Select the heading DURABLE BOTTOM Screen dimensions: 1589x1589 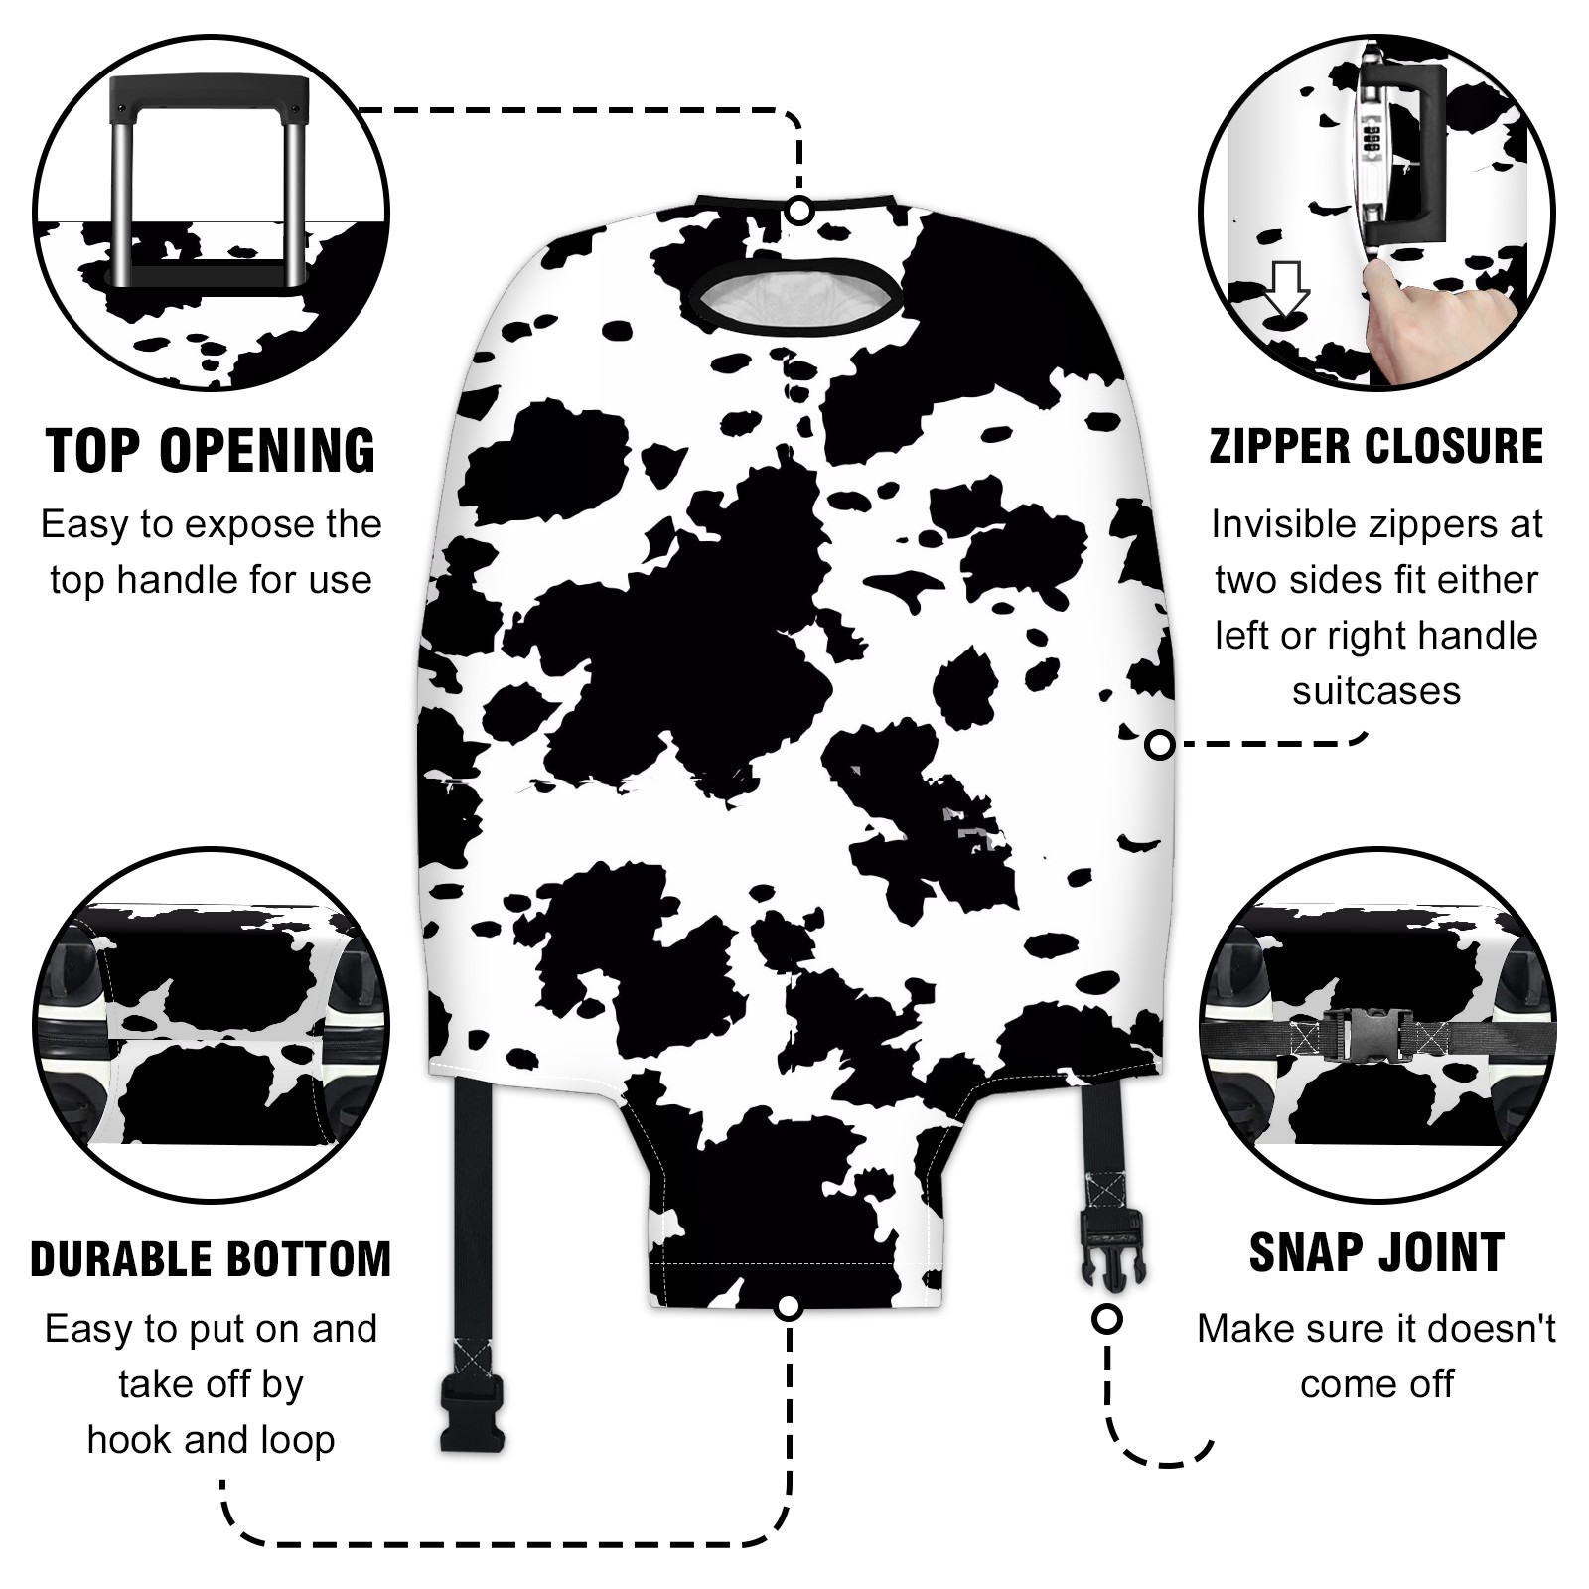tap(211, 1258)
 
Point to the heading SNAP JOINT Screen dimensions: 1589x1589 tap(1376, 1252)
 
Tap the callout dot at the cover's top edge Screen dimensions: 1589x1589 tap(799, 211)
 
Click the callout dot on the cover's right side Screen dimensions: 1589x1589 tap(1160, 744)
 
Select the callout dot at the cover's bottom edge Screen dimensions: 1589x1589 tap(789, 1307)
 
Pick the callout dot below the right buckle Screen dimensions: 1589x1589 tap(1106, 1320)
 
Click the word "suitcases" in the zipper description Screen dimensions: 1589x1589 tap(1376, 690)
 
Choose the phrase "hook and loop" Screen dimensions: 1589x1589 tap(211, 1439)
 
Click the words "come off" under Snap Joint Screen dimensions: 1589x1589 tap(1376, 1383)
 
